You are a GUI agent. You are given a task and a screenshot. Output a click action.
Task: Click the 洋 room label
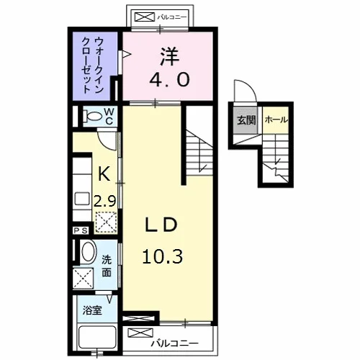tap(170, 57)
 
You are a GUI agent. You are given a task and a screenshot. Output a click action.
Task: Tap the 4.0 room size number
tap(170, 79)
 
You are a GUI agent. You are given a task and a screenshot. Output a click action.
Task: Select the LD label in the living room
tap(161, 225)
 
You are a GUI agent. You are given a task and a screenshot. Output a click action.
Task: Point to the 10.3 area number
tap(163, 256)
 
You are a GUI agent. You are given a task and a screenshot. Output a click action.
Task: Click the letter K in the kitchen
tap(104, 174)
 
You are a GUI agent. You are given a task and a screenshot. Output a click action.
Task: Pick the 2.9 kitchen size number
tap(105, 201)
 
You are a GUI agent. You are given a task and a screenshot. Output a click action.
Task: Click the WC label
tap(109, 116)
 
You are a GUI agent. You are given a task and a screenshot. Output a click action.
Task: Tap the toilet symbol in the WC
tap(92, 117)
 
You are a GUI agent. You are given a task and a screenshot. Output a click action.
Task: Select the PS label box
tap(81, 230)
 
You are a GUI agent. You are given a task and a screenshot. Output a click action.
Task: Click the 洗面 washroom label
tap(107, 266)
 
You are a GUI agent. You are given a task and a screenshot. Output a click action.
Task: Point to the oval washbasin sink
tap(88, 251)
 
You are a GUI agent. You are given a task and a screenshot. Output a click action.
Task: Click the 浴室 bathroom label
tap(92, 310)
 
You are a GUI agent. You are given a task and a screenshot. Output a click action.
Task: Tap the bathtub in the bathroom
tap(97, 337)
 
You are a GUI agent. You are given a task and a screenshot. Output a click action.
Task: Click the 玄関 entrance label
tap(246, 120)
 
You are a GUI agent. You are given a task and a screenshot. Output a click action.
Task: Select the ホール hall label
tap(276, 120)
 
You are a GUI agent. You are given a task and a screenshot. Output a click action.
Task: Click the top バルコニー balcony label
tap(172, 17)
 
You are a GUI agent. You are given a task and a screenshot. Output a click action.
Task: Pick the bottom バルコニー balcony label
tap(174, 343)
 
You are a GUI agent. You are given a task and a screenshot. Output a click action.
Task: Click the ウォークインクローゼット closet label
tap(93, 66)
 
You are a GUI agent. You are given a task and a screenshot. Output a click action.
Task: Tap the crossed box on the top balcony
tap(145, 17)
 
